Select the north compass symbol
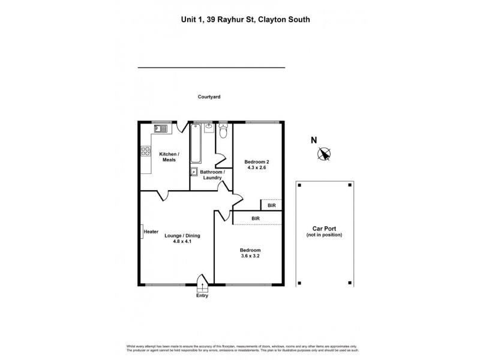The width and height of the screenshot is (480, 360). click(325, 154)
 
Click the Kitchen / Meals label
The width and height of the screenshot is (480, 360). click(169, 157)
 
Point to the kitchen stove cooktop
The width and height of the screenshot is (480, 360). click(145, 151)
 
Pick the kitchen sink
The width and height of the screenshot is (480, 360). click(161, 128)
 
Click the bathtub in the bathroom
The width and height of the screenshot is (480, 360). click(196, 144)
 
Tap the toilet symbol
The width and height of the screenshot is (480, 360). click(223, 130)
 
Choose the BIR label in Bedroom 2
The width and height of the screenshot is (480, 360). click(271, 205)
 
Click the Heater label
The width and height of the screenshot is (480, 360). click(151, 232)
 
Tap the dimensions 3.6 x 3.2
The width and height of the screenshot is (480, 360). click(250, 256)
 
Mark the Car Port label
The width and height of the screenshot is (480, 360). click(323, 229)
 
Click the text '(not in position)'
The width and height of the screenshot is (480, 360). click(323, 235)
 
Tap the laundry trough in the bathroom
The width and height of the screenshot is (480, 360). click(194, 172)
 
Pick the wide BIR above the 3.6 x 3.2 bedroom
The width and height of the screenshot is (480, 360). click(256, 218)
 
